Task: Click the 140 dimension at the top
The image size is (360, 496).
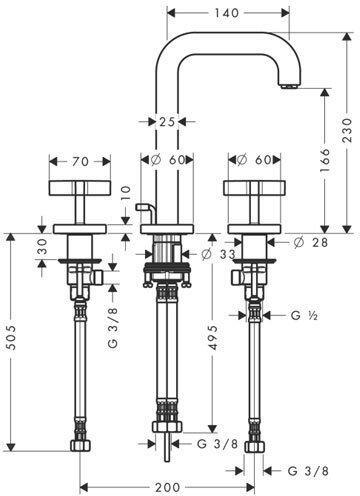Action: (227, 13)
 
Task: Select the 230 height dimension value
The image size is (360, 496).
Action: (347, 130)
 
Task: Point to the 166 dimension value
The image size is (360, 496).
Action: (325, 160)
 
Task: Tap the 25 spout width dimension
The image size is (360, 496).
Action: (167, 122)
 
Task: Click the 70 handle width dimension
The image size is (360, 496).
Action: (81, 162)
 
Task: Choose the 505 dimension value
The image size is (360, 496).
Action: (11, 337)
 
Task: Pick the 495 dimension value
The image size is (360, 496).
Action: (213, 337)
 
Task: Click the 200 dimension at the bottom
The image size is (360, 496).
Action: (168, 487)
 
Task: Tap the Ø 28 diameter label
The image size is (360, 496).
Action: (311, 242)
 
